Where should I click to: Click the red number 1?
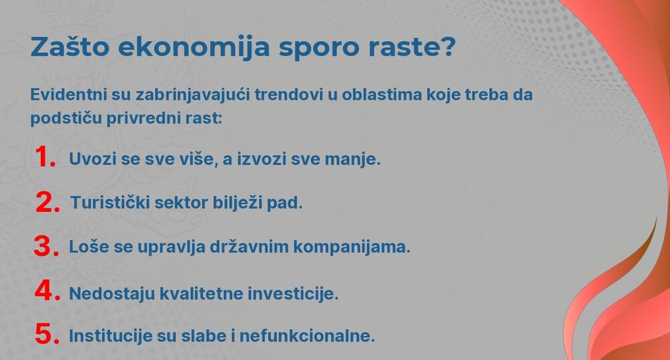44,158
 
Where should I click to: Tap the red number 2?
48,202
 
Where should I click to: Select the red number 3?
46,246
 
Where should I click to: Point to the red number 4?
48,292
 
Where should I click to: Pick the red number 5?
47,335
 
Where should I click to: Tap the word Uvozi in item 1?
90,160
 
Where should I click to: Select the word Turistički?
112,202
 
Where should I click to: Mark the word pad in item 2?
287,202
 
